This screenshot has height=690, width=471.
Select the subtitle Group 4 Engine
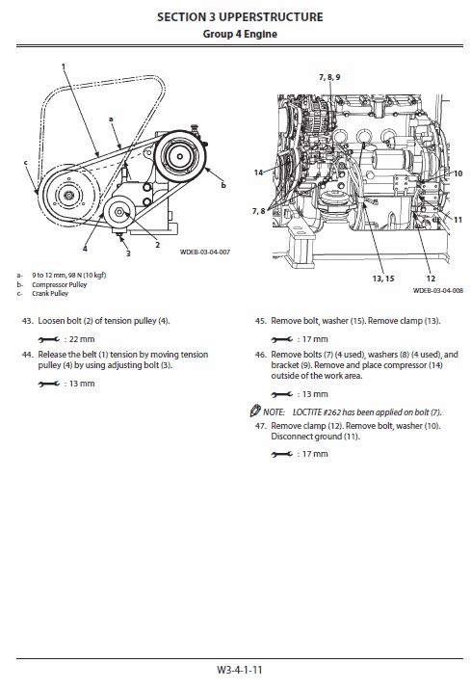pyautogui.click(x=240, y=34)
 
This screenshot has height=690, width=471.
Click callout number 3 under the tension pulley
pyautogui.click(x=127, y=253)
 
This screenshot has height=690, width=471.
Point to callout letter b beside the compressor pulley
pyautogui.click(x=223, y=183)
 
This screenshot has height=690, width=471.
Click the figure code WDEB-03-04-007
pyautogui.click(x=205, y=253)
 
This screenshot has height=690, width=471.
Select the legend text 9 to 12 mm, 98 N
pyautogui.click(x=63, y=276)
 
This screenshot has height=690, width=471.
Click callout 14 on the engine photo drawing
pyautogui.click(x=259, y=172)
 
